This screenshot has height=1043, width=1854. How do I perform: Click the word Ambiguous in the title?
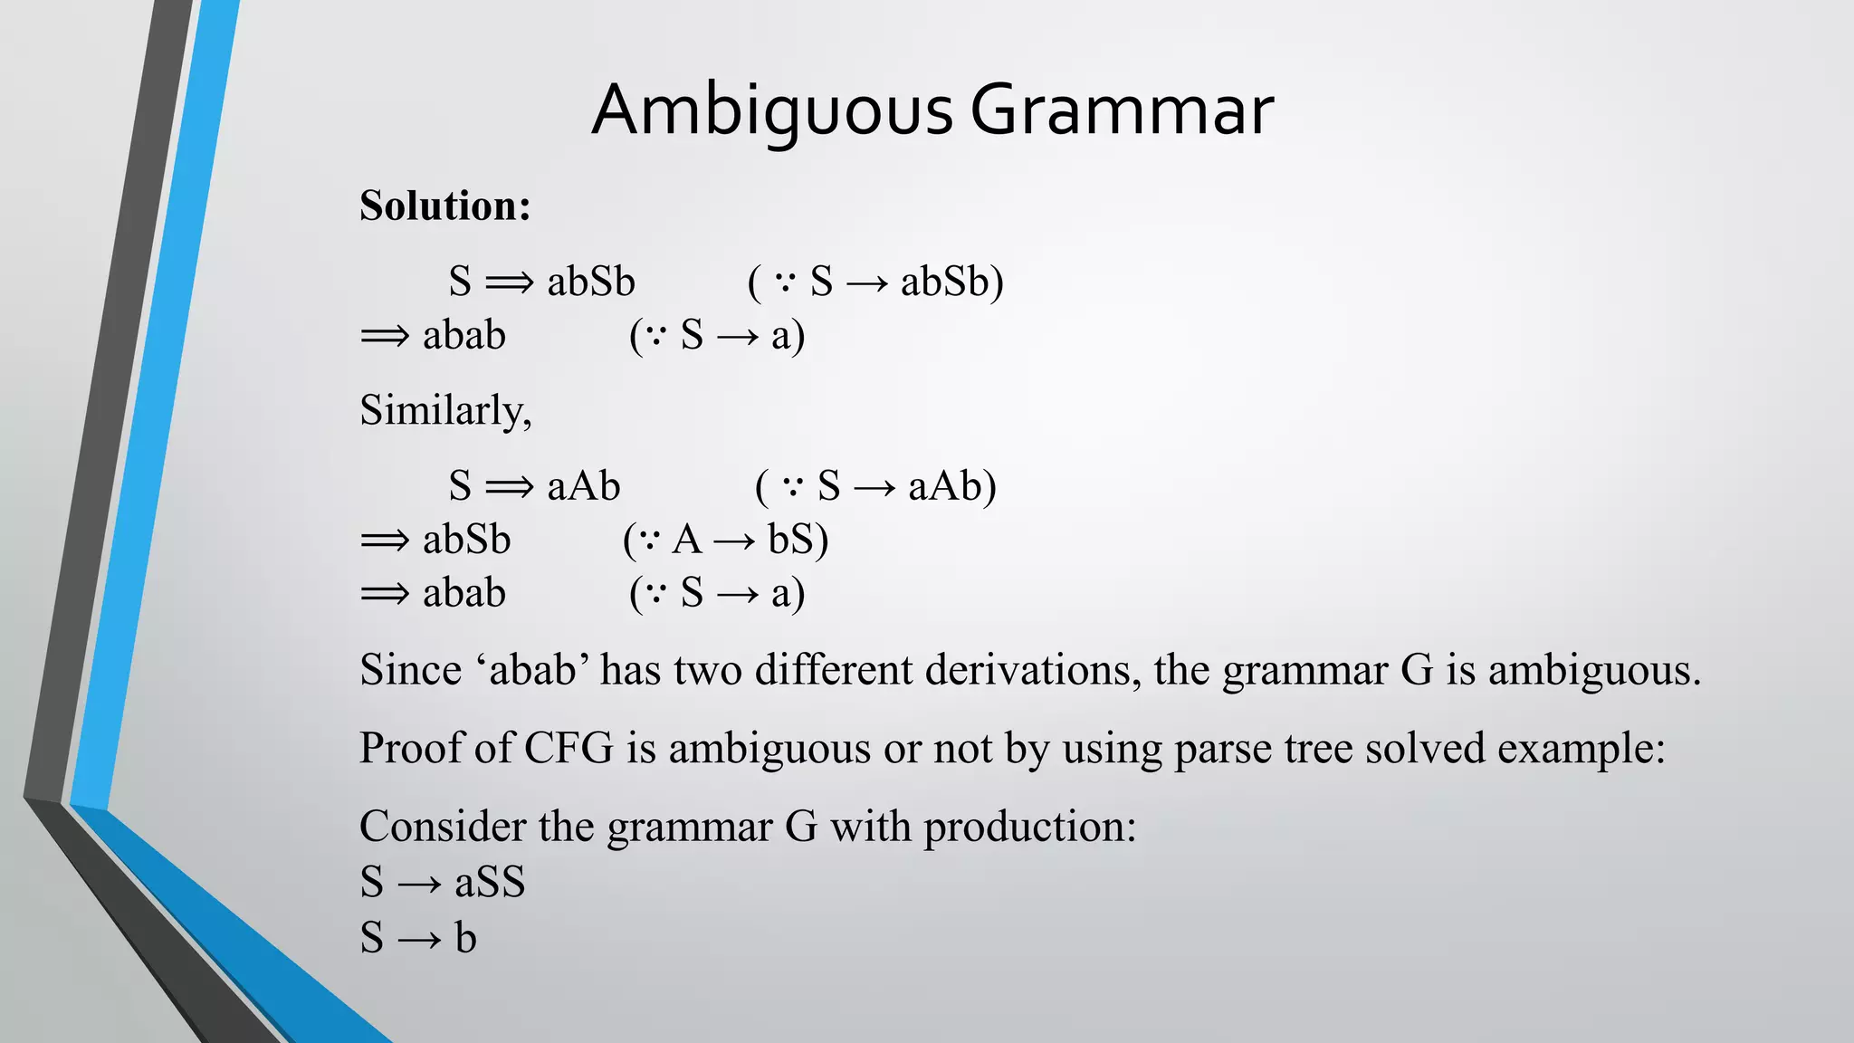772,110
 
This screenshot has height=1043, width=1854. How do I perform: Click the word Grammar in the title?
1122,110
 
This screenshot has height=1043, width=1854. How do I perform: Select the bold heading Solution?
444,206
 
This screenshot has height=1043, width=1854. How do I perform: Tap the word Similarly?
444,410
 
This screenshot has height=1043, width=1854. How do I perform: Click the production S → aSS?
442,882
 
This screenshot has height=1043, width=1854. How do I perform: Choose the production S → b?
417,937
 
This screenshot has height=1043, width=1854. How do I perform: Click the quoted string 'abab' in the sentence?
532,671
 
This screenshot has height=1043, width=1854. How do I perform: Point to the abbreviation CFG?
569,749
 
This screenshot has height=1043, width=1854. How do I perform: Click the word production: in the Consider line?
1029,827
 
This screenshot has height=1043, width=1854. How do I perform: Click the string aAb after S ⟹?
584,486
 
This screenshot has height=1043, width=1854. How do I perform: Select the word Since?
410,671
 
